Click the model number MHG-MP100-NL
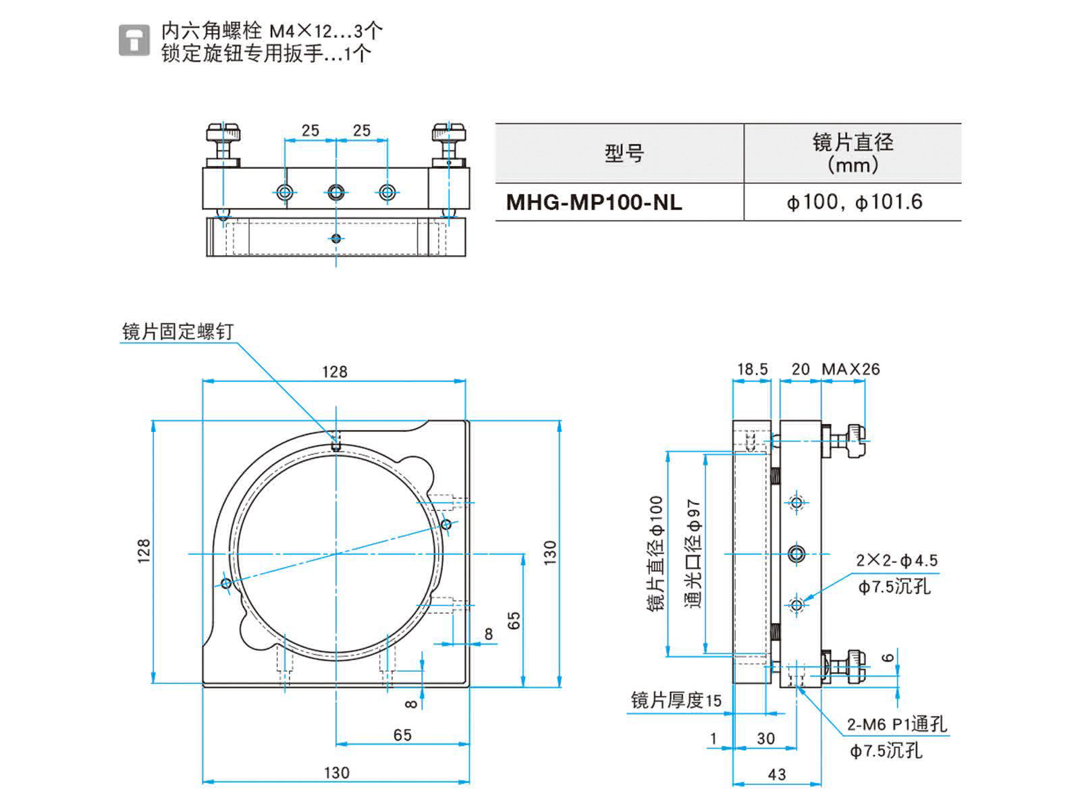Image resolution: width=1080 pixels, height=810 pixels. (x=594, y=202)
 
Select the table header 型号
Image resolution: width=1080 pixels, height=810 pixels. (x=624, y=153)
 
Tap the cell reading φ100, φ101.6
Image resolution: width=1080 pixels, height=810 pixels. (x=854, y=202)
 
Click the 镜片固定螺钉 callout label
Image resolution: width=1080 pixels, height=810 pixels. (x=178, y=331)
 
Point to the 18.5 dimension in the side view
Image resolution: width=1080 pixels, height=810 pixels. (x=752, y=369)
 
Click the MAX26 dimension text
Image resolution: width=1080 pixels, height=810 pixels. (x=850, y=369)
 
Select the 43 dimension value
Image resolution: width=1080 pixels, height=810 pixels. (x=777, y=774)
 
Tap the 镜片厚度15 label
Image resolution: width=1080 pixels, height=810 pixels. (x=676, y=701)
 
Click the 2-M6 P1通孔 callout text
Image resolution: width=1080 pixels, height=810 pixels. (x=897, y=725)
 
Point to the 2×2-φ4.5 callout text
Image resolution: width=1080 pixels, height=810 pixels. (x=897, y=560)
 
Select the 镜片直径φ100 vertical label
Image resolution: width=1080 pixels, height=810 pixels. (x=656, y=553)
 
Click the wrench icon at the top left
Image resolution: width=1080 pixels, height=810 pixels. (x=134, y=40)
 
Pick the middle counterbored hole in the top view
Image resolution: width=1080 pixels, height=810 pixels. (x=336, y=192)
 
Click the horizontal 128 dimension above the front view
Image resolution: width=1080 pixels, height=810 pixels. (x=334, y=371)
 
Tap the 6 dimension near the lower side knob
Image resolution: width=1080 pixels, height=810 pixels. (x=889, y=657)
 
